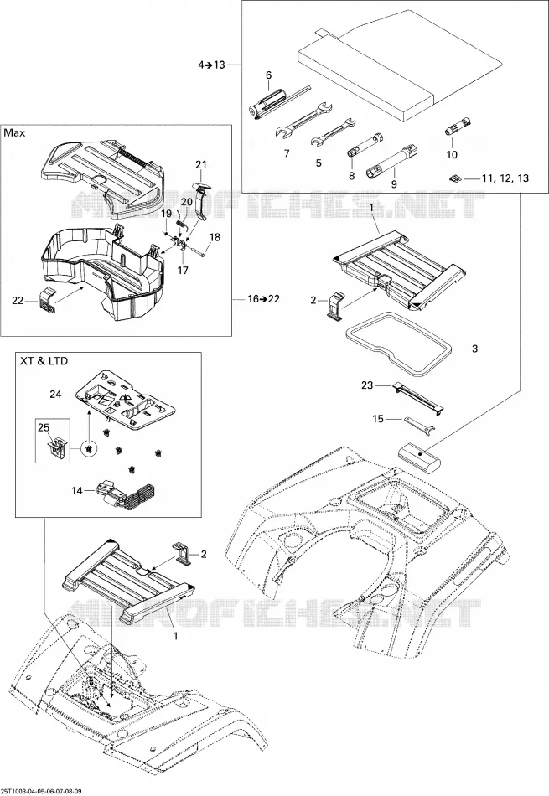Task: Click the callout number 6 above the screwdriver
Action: tap(268, 75)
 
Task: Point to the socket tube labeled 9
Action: tap(392, 162)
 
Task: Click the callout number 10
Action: tap(452, 154)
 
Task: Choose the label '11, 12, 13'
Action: tap(505, 178)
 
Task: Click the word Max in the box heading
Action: tap(14, 133)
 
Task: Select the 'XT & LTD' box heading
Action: tap(44, 361)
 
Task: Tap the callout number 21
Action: tap(202, 164)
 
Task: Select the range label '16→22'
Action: tap(263, 299)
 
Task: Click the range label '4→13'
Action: tap(211, 65)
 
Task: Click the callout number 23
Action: tap(367, 385)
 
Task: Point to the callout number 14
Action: tap(76, 491)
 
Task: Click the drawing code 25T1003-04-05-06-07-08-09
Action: tap(42, 791)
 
